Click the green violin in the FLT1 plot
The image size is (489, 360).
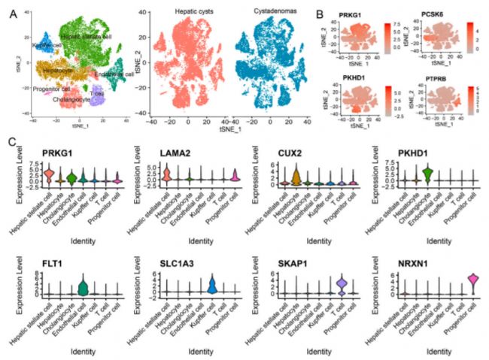click(x=84, y=286)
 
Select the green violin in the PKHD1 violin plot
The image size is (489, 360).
click(x=427, y=175)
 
